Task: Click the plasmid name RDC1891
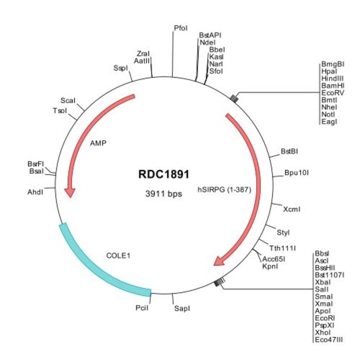163,173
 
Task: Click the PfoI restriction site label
181,27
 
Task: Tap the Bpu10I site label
296,172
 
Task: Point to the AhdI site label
35,192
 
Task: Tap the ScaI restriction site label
68,100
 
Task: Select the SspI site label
120,68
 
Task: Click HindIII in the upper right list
332,79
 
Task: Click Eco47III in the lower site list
328,339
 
